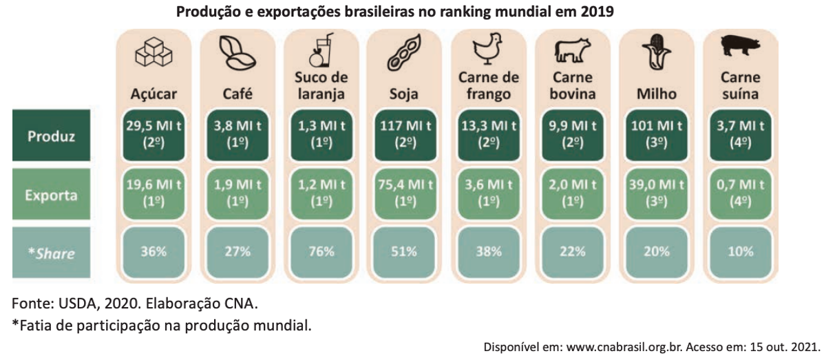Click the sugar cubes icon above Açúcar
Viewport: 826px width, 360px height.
coord(153,52)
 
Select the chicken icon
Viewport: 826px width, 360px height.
coord(488,49)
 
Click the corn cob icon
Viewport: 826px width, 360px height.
coord(657,52)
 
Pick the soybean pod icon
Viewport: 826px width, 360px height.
coord(404,52)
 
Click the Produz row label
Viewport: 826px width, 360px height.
coord(51,136)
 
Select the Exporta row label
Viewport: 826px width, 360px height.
coord(51,194)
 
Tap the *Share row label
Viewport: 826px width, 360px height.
coord(51,253)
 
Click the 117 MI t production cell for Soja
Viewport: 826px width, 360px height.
coord(405,135)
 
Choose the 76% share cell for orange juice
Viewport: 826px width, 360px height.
coord(321,253)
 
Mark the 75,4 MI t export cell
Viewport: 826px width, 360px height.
coord(405,194)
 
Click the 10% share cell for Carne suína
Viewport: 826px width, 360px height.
coord(741,253)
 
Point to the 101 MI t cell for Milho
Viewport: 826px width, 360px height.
coord(657,135)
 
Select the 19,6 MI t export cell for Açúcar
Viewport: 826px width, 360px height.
coord(153,194)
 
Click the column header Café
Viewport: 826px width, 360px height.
coord(237,94)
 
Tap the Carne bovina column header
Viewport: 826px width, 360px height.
coord(572,85)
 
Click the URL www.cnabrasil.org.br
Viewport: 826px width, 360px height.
coord(625,347)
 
